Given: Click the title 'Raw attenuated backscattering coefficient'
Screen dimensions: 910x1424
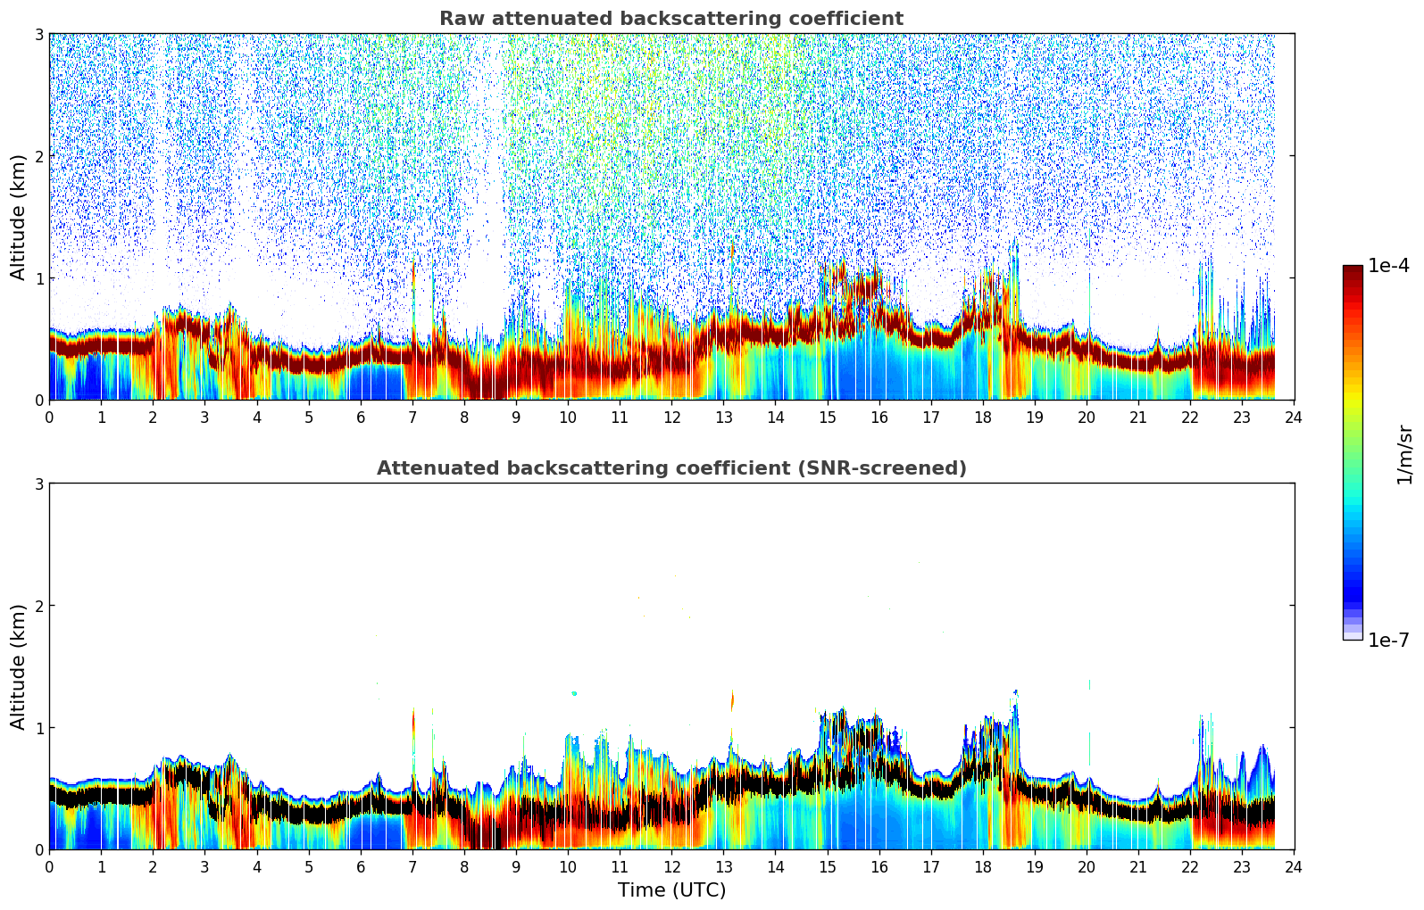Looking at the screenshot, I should coord(670,19).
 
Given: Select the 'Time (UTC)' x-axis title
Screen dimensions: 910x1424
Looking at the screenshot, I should coord(671,889).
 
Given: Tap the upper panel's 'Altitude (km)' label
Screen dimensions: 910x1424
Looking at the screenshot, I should coord(18,217).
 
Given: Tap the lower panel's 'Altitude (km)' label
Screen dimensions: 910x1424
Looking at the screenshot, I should coord(18,666).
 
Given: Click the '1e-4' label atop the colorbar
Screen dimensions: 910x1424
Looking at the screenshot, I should coord(1388,266).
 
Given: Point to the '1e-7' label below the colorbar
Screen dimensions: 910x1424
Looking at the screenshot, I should coord(1388,640).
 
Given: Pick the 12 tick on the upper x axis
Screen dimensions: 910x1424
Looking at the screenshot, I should coord(671,417).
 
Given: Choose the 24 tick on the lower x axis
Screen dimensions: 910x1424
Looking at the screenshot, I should coord(1294,866).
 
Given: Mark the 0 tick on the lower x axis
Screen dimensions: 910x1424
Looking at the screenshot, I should coord(49,866).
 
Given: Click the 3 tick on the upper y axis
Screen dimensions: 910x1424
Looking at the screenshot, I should coord(38,34).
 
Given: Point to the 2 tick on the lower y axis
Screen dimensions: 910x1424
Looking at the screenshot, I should coord(38,606).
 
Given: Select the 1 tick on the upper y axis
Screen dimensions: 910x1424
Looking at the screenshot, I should coord(38,278).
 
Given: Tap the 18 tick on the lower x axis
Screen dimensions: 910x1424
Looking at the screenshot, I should coord(983,866).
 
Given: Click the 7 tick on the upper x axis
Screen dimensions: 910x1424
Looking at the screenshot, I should coord(412,417).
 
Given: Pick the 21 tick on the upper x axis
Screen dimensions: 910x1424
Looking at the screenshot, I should coord(1138,417).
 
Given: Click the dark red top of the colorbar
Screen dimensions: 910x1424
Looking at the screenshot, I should coord(1353,270).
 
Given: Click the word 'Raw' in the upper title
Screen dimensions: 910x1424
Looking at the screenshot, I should coord(459,19).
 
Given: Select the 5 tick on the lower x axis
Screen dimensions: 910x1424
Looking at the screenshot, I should coord(309,866).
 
